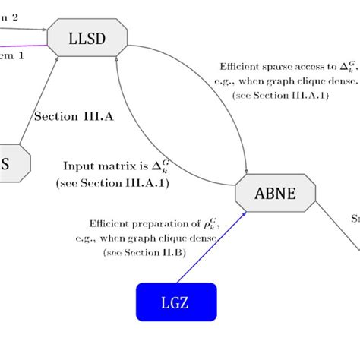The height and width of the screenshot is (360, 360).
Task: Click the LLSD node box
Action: click(88, 38)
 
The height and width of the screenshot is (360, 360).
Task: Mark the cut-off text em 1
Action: click(12, 55)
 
